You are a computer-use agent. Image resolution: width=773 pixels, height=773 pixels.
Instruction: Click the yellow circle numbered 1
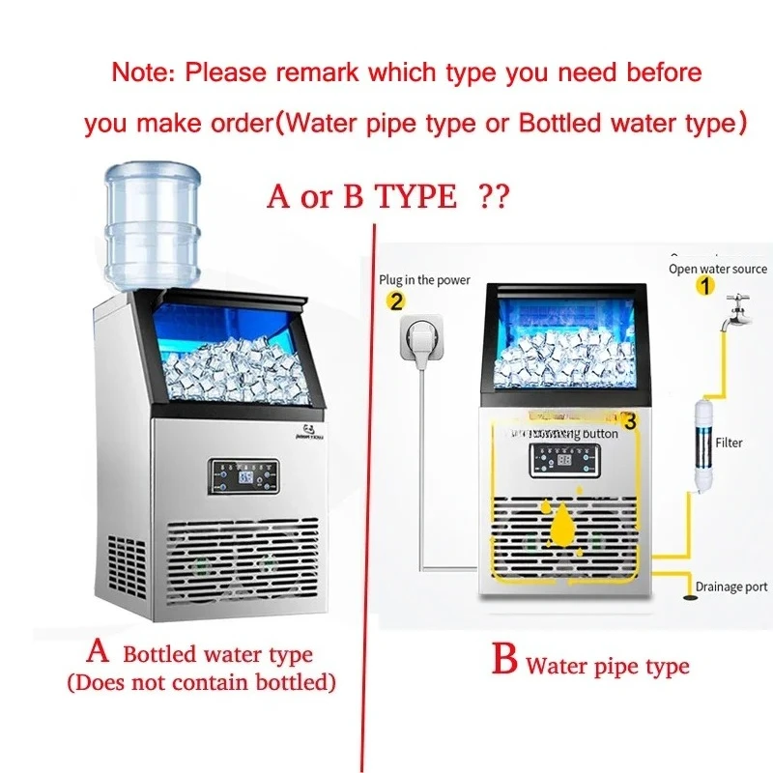point(705,286)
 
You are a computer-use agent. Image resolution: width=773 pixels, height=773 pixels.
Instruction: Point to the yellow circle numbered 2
point(395,301)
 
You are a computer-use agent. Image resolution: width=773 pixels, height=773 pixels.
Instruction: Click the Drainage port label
point(731,587)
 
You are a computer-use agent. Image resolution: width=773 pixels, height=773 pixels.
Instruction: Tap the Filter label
point(730,443)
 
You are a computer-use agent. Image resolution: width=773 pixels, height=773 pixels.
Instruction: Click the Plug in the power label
point(425,280)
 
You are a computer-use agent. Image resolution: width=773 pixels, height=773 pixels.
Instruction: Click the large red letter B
point(504,663)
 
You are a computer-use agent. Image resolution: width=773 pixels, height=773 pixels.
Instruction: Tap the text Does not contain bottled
point(201,683)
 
